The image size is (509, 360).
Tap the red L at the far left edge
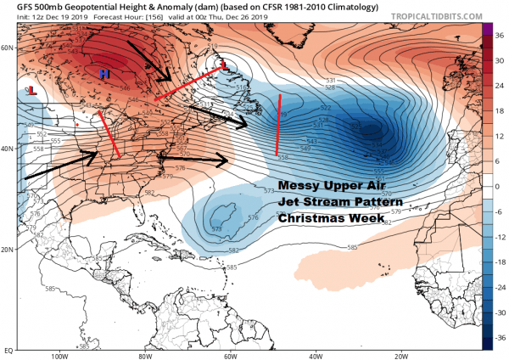tap(31, 90)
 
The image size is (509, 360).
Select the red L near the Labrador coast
tap(224, 65)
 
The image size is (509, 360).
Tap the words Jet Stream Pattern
tap(340, 203)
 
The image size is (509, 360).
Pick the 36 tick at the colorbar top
tap(498, 35)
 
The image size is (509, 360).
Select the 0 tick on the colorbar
tap(498, 185)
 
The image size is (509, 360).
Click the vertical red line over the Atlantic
tap(279, 125)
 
